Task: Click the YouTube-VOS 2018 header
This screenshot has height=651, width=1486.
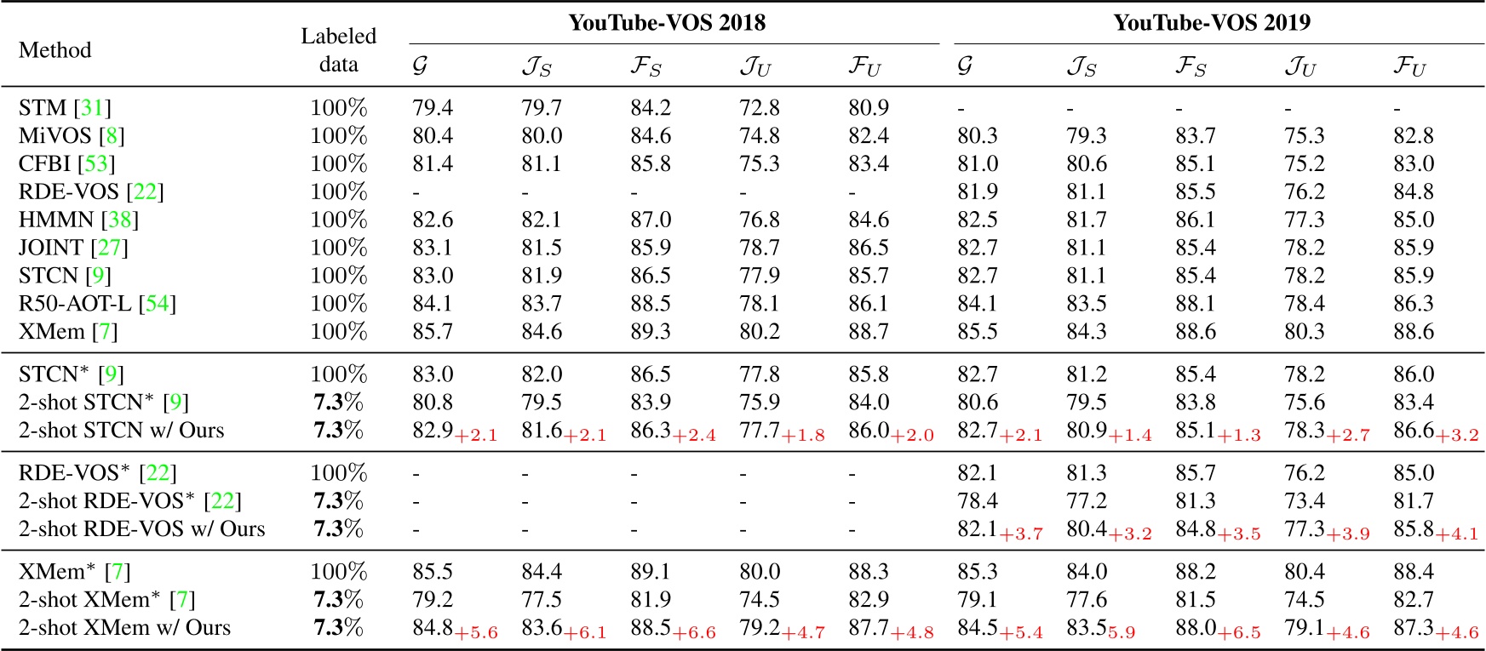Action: tap(667, 23)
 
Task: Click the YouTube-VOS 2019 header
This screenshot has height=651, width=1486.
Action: tap(1212, 23)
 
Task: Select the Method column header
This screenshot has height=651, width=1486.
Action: tap(55, 50)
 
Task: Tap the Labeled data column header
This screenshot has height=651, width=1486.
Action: tap(338, 50)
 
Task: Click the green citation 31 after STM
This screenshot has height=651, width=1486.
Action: tap(92, 108)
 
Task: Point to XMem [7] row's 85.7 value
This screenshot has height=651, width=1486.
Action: tap(433, 332)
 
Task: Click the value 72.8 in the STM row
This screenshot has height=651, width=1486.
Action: tap(760, 108)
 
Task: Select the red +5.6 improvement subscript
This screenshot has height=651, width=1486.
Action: tap(476, 633)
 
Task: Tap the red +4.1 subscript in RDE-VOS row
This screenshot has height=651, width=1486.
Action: tap(1457, 534)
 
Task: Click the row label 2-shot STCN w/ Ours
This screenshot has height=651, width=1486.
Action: tap(121, 431)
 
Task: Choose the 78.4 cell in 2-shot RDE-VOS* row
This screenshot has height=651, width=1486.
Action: tap(978, 501)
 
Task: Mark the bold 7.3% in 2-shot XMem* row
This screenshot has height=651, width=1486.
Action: tap(338, 600)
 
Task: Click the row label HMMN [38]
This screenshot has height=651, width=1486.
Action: tap(78, 220)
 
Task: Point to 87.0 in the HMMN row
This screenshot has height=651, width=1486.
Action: tap(651, 220)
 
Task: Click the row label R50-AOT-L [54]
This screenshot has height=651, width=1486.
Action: tap(97, 304)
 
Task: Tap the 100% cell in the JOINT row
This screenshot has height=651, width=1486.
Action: tap(338, 248)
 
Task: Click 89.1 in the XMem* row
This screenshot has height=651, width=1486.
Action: tap(651, 572)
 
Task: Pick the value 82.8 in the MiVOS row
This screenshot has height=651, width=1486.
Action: tap(1414, 136)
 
